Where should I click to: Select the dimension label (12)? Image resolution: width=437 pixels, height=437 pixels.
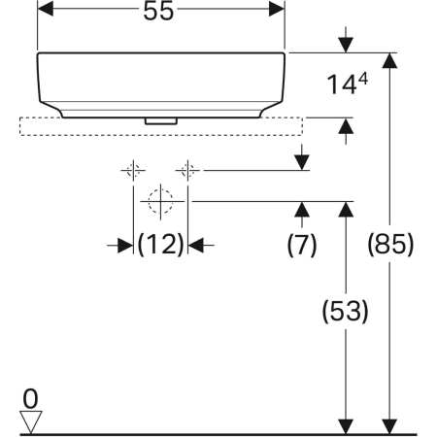[160, 246]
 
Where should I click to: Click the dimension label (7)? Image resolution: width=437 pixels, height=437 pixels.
[302, 246]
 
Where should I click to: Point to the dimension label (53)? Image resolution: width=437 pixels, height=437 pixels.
[345, 313]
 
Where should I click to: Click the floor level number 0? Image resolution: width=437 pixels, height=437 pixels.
[32, 398]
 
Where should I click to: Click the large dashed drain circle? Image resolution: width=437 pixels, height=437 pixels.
[160, 203]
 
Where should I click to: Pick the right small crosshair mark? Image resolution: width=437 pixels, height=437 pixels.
[188, 171]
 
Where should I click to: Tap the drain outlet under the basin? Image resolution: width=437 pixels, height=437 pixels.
[160, 120]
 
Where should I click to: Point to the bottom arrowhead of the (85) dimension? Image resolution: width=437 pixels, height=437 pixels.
[389, 424]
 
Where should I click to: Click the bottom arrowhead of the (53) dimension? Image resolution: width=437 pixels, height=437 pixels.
[345, 424]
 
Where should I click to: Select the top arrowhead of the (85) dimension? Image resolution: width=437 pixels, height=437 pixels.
[389, 61]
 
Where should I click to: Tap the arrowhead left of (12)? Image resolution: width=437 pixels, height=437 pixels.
[124, 246]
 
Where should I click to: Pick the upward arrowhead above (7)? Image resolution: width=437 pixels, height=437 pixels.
[302, 209]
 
